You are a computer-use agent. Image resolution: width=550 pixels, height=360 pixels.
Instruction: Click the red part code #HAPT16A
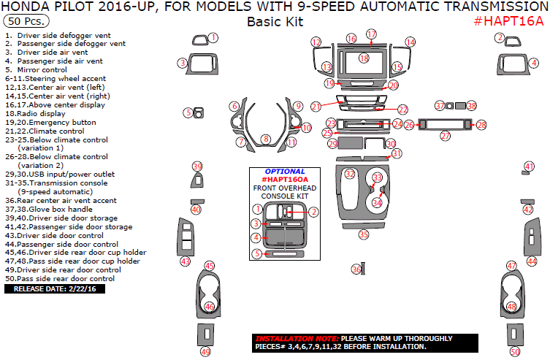[x=508, y=20]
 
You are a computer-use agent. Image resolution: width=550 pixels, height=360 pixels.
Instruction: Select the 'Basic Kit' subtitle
[x=274, y=21]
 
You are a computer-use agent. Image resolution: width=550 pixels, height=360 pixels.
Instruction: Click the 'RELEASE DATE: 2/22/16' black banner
[x=56, y=288]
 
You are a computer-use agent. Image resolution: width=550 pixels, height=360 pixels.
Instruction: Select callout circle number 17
[x=372, y=34]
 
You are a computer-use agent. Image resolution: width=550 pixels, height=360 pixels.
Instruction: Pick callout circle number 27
[x=445, y=136]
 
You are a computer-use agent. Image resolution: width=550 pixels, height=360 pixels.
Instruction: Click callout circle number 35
[x=363, y=234]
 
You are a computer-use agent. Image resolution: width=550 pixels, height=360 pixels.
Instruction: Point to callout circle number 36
[x=356, y=269]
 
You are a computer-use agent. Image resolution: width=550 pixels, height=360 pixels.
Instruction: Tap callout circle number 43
[x=186, y=261]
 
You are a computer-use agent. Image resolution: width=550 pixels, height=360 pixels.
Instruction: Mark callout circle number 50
[x=515, y=351]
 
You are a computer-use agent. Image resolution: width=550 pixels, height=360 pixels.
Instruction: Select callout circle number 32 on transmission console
[x=350, y=174]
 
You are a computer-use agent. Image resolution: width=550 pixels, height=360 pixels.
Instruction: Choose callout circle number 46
[x=210, y=307]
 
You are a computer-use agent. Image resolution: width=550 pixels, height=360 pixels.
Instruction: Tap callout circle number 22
[x=402, y=109]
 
